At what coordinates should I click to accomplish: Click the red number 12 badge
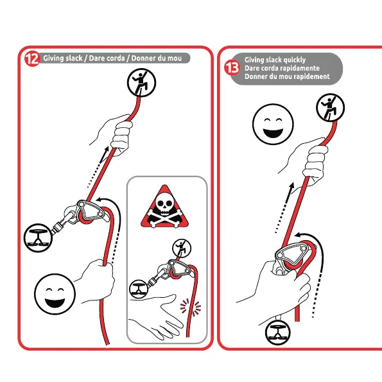pyautogui.click(x=32, y=58)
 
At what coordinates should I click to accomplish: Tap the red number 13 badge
pyautogui.click(x=232, y=67)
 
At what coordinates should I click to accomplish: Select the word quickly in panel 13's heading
pyautogui.click(x=294, y=60)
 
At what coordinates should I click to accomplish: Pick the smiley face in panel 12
pyautogui.click(x=55, y=294)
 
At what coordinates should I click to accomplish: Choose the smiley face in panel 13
pyautogui.click(x=273, y=125)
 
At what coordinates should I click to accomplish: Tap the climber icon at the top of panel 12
pyautogui.click(x=141, y=82)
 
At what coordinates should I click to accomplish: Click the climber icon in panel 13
pyautogui.click(x=330, y=107)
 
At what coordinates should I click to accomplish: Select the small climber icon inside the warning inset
pyautogui.click(x=182, y=248)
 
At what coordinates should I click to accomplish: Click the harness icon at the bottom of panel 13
pyautogui.click(x=278, y=333)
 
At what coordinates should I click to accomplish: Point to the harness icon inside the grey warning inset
pyautogui.click(x=139, y=289)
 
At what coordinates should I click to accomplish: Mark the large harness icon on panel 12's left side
pyautogui.click(x=38, y=238)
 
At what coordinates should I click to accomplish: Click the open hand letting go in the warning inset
pyautogui.click(x=156, y=317)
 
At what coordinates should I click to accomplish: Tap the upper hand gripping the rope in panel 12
pyautogui.click(x=114, y=134)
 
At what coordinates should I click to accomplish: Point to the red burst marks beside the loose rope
pyautogui.click(x=191, y=307)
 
